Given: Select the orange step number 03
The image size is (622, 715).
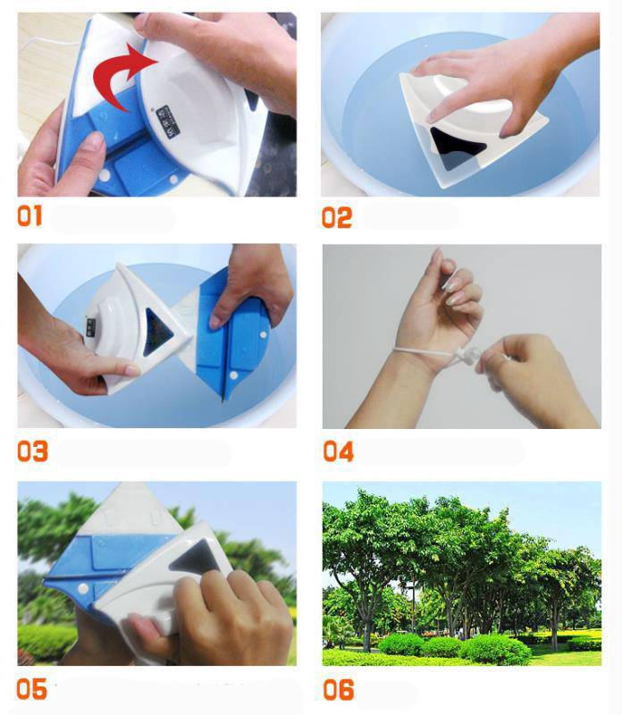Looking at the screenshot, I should pyautogui.click(x=32, y=451).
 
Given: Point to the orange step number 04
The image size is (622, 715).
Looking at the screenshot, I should pyautogui.click(x=338, y=451).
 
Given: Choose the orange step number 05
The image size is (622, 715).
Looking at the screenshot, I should pyautogui.click(x=31, y=689).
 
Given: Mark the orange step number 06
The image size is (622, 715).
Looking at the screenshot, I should pyautogui.click(x=338, y=689).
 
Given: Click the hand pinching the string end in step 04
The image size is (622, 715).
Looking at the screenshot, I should pyautogui.click(x=518, y=357).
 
